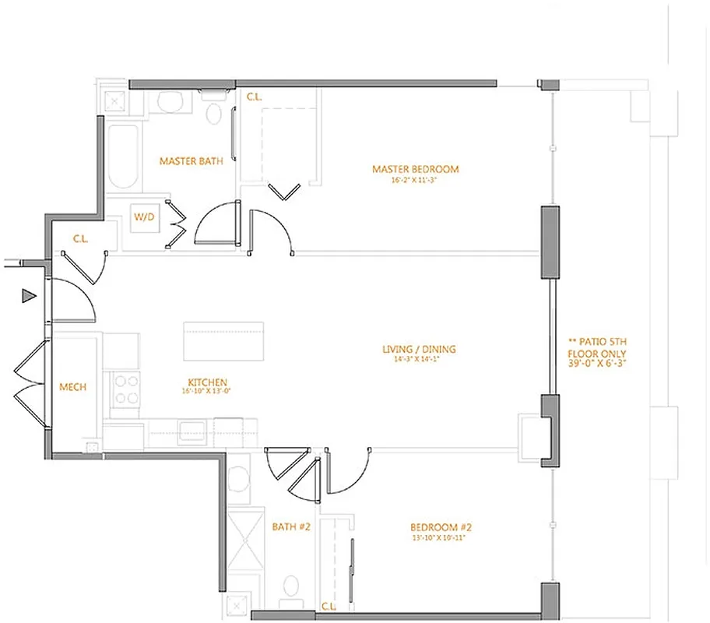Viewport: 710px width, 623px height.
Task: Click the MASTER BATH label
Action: click(191, 161)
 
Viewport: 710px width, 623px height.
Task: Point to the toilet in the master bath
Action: click(213, 113)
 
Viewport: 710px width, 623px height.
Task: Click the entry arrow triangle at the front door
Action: click(29, 295)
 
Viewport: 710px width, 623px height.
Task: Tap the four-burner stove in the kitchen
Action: click(126, 388)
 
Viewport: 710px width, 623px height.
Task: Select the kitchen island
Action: click(223, 341)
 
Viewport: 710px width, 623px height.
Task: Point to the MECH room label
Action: click(73, 387)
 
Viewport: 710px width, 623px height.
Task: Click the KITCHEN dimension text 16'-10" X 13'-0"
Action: click(207, 392)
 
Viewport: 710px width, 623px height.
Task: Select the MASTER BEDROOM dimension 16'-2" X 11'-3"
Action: click(415, 179)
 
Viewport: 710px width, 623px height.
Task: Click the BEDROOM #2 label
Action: click(442, 527)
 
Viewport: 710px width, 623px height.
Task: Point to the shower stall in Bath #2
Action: click(248, 549)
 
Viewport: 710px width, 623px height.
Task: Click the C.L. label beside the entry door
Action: click(80, 239)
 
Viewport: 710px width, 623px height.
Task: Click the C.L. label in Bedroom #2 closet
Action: click(328, 606)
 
